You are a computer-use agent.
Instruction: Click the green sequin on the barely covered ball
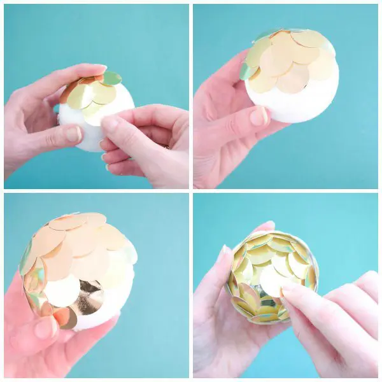tap(111, 78)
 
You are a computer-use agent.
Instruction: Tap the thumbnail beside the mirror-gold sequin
tap(46, 328)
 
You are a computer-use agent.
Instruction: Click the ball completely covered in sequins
tap(272, 277)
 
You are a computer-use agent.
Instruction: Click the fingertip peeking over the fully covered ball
tap(267, 225)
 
